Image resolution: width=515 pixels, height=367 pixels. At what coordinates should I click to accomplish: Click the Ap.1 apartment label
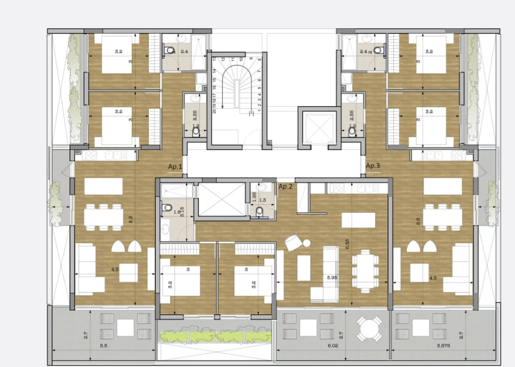click(175, 167)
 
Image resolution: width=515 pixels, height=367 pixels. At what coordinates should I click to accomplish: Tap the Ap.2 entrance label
click(286, 186)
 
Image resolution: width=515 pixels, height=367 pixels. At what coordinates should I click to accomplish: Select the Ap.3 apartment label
click(373, 166)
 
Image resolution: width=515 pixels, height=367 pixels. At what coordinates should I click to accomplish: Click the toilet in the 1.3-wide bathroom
click(260, 212)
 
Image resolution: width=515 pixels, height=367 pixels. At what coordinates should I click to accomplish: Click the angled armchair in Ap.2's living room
click(293, 243)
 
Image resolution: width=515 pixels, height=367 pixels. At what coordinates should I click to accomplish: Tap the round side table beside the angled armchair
click(308, 242)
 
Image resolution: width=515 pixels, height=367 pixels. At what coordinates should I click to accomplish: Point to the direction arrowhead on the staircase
click(250, 113)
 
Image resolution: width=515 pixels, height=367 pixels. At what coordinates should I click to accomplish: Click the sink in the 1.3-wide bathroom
click(263, 188)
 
